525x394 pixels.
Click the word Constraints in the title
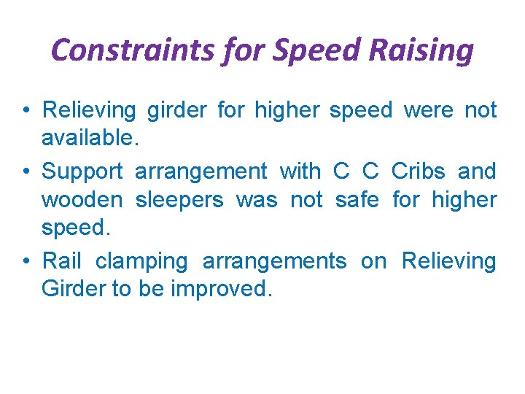coord(123,51)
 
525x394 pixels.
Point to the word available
coord(88,139)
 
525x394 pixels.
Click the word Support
coord(82,172)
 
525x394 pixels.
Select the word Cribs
coord(418,171)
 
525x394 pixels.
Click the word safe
coord(357,199)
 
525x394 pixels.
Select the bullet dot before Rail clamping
coord(26,261)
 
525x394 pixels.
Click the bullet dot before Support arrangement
coord(26,172)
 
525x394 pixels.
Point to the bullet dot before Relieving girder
coord(26,111)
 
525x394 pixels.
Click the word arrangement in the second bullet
coord(201,172)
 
